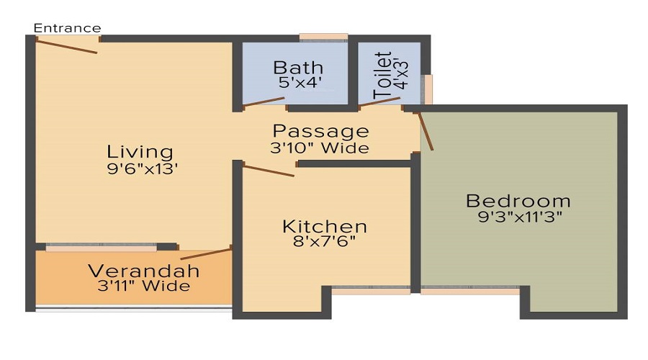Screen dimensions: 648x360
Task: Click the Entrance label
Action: pyautogui.click(x=68, y=28)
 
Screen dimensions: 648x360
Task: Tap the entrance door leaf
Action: pyautogui.click(x=66, y=46)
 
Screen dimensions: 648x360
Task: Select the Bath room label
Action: pyautogui.click(x=298, y=68)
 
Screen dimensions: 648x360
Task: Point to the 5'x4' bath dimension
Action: pyautogui.click(x=300, y=83)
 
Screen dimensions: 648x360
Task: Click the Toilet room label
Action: pyautogui.click(x=382, y=75)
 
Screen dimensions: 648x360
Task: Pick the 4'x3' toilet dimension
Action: pyautogui.click(x=401, y=74)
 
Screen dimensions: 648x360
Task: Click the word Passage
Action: pyautogui.click(x=320, y=132)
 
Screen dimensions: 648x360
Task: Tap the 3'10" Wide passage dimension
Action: pyautogui.click(x=320, y=148)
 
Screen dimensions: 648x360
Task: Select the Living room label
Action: pyautogui.click(x=140, y=152)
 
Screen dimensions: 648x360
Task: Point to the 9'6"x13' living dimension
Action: pyautogui.click(x=142, y=168)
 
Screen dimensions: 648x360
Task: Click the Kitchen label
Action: pyautogui.click(x=325, y=227)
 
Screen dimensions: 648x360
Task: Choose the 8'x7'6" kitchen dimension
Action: pyautogui.click(x=324, y=241)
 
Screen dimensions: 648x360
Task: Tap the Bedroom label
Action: pyautogui.click(x=518, y=201)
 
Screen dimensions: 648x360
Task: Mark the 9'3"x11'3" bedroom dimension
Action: pyautogui.click(x=520, y=216)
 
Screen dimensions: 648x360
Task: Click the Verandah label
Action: pyautogui.click(x=144, y=271)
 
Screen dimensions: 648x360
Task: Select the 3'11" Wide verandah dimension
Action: pyautogui.click(x=144, y=286)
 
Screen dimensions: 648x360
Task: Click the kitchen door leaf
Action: pyautogui.click(x=269, y=171)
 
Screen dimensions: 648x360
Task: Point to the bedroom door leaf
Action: pyautogui.click(x=426, y=130)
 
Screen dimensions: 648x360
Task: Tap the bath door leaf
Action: pyautogui.click(x=264, y=102)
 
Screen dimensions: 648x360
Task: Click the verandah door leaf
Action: pyautogui.click(x=206, y=254)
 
